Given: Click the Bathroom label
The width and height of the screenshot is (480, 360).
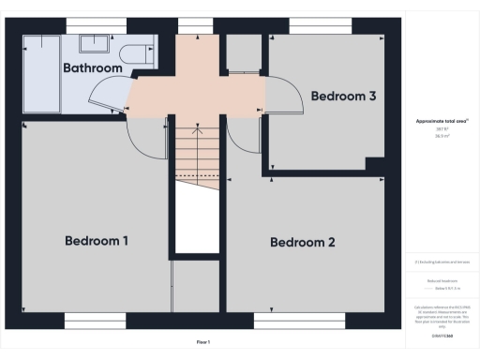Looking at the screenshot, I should (93, 68).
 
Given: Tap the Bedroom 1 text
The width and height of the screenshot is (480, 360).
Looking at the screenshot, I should (97, 241).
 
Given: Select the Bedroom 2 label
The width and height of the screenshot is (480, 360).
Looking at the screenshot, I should (303, 243).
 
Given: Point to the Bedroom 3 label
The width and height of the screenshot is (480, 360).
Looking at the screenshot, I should (344, 96).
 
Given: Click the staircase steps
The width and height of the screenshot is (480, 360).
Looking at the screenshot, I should (198, 150).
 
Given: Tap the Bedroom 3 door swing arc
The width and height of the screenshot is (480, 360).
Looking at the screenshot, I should (276, 94).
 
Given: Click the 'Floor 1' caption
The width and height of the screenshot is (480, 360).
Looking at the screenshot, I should (202, 342).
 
